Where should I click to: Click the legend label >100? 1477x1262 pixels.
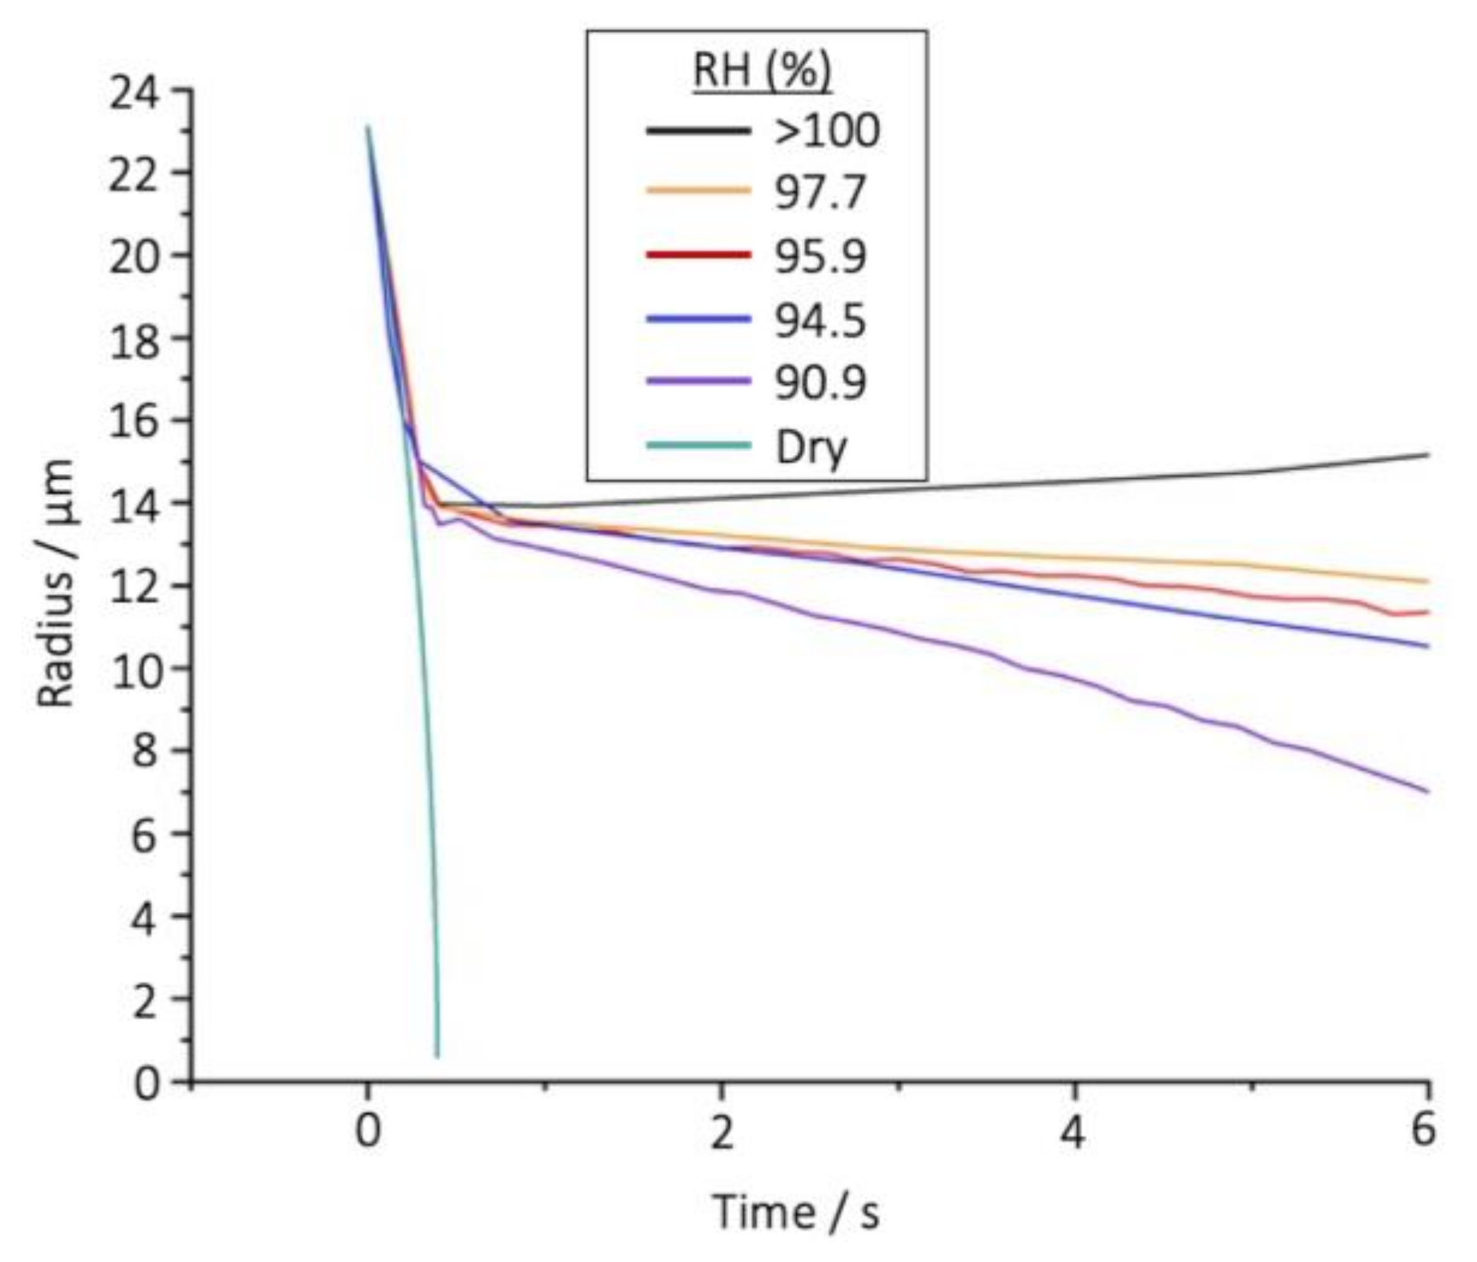pos(827,131)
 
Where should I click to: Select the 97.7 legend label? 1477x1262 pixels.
pos(820,193)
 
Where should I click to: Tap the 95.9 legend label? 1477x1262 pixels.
pos(820,257)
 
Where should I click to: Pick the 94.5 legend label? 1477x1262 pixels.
pos(820,320)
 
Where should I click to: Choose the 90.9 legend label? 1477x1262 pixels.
pos(820,384)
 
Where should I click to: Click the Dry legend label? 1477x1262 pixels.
pos(811,447)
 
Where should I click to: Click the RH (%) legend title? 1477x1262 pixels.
pos(762,70)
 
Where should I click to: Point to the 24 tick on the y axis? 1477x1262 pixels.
pos(135,90)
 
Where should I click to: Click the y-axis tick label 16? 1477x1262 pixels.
pos(135,420)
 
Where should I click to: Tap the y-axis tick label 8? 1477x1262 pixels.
pos(146,751)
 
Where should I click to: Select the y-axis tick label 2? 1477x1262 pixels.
pos(146,999)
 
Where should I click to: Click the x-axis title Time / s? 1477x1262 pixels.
pos(796,1212)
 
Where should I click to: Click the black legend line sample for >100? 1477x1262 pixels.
pos(698,131)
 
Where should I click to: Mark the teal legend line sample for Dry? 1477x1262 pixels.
pos(698,446)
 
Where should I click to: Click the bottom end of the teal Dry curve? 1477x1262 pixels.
pos(437,1056)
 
